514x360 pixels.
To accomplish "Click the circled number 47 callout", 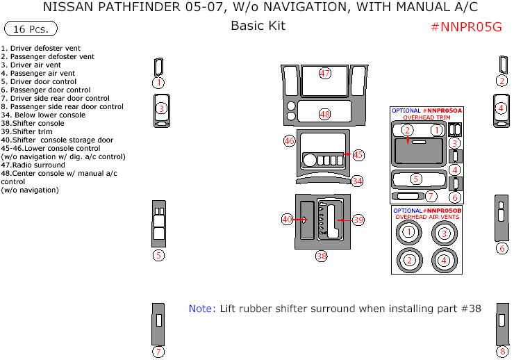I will tap(325, 73).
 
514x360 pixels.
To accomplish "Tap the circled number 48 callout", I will tap(325, 114).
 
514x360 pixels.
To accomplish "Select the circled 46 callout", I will tap(290, 141).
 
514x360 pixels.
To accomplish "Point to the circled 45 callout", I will tap(358, 154).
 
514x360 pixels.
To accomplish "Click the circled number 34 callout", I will tap(357, 181).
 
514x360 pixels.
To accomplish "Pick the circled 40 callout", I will tap(287, 219).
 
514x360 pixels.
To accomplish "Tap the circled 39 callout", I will tap(358, 220).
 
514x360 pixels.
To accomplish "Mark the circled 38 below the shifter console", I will tap(322, 256).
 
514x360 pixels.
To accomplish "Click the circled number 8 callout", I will tap(501, 352).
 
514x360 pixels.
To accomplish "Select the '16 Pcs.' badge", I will tap(31, 29).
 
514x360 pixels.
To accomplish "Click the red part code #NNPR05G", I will tap(466, 27).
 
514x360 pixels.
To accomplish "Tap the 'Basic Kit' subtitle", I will tap(258, 26).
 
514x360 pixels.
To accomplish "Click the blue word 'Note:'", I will tap(202, 309).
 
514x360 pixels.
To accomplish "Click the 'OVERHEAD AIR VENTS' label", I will tap(426, 218).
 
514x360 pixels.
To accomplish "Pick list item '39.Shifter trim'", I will tap(27, 132).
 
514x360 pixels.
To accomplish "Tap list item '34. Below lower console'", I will tap(43, 115).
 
